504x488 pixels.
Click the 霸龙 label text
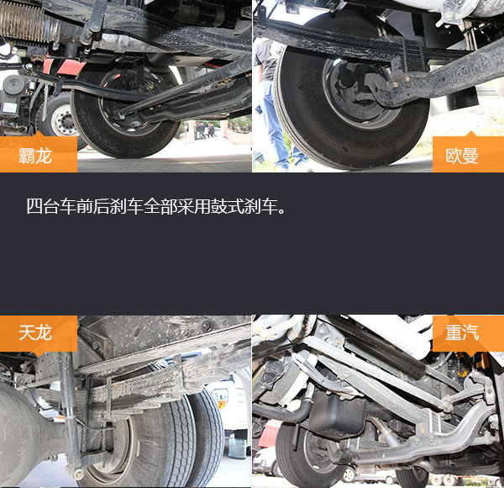[35, 156]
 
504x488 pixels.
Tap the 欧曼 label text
[461, 156]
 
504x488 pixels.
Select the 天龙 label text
[35, 332]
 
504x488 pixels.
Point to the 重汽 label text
[461, 332]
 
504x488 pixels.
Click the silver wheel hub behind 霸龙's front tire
[63, 120]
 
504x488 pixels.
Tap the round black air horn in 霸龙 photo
[13, 85]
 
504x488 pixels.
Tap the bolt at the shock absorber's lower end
[78, 474]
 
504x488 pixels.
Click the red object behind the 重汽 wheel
[270, 433]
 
